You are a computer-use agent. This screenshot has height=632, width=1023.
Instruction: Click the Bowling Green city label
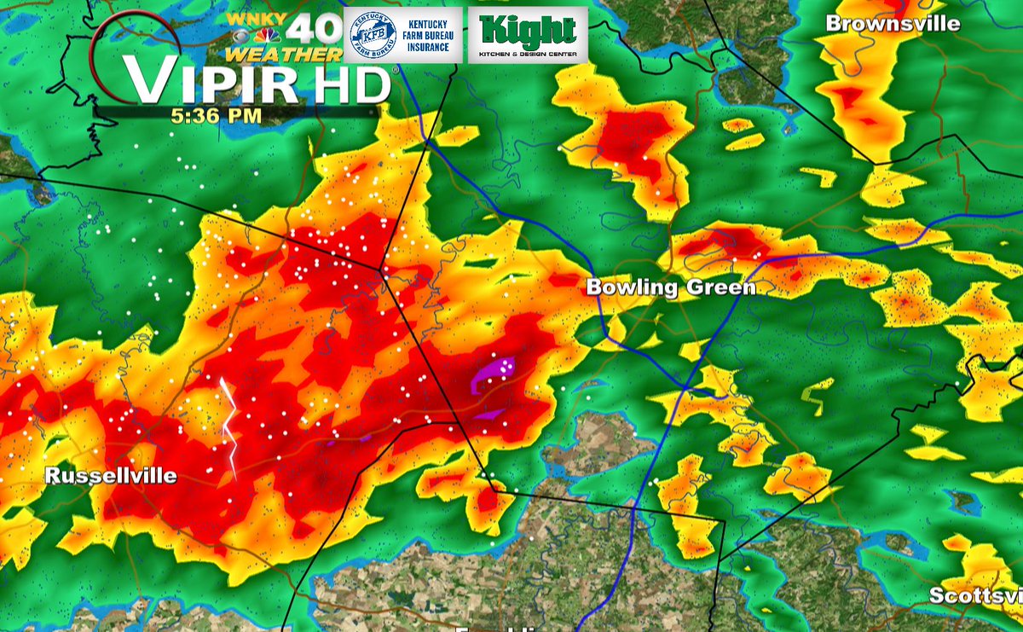671,288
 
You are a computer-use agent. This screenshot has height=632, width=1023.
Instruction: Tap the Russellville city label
111,476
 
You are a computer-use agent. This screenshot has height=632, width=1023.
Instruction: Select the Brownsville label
893,24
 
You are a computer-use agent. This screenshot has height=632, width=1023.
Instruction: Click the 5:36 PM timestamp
216,117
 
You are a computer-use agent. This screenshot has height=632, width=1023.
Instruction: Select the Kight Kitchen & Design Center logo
528,35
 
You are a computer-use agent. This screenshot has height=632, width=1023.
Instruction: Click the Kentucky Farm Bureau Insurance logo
403,35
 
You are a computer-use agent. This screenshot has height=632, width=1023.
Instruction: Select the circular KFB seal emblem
373,36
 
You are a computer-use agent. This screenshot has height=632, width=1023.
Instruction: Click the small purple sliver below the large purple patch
488,415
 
